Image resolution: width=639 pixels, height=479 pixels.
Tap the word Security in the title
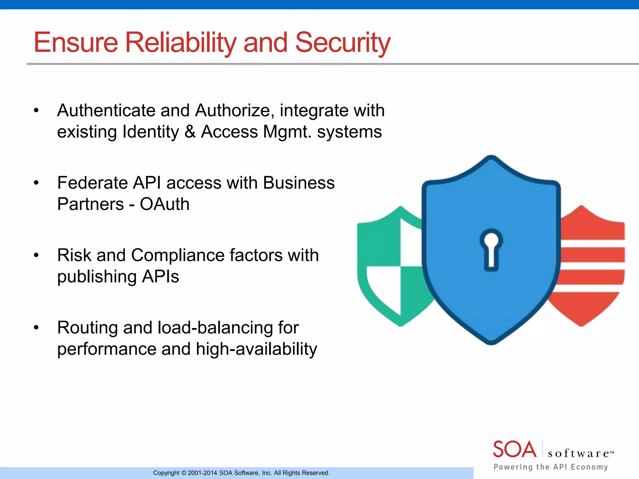[x=343, y=42]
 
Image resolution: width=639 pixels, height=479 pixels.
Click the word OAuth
[x=164, y=204]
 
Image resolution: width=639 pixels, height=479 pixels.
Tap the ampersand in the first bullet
[x=190, y=132]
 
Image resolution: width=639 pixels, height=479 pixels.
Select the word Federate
[x=92, y=183]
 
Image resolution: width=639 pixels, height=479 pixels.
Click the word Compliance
[x=178, y=255]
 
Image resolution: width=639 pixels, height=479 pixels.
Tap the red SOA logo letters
[x=515, y=449]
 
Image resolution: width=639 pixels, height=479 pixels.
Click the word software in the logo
[x=579, y=453]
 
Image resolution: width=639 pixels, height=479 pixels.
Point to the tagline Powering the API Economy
[x=551, y=467]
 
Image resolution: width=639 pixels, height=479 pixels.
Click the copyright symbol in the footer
[x=183, y=473]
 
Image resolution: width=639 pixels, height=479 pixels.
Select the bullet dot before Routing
[x=36, y=328]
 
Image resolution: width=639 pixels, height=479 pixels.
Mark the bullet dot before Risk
[x=36, y=255]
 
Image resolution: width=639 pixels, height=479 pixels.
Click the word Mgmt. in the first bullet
[x=287, y=132]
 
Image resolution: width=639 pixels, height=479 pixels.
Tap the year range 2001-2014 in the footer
[x=202, y=473]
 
